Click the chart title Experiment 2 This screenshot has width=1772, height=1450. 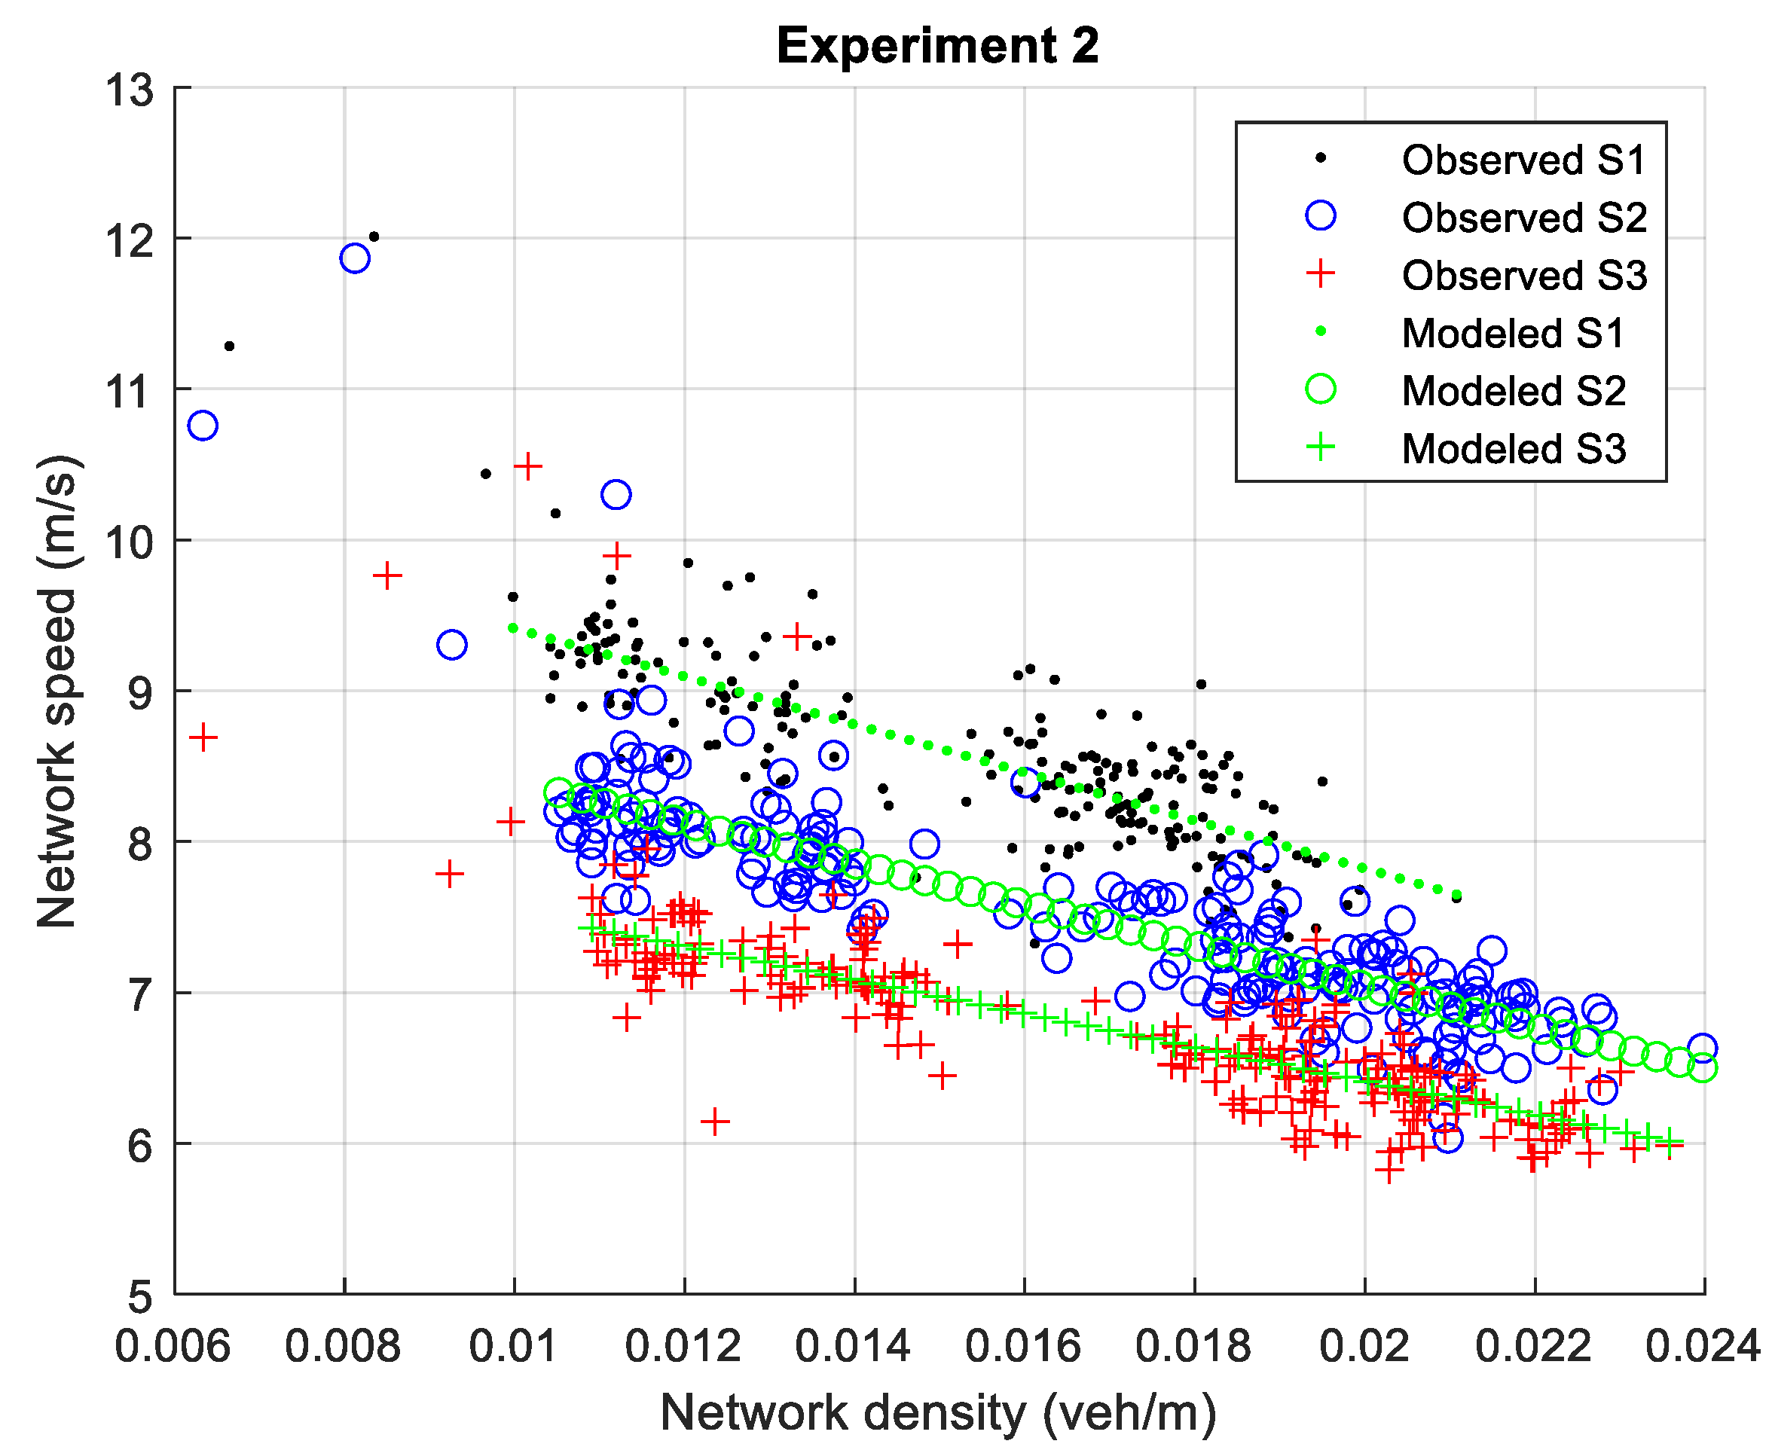click(x=937, y=46)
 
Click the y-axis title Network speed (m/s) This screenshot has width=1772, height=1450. click(x=57, y=691)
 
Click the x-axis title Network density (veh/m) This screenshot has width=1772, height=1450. click(x=937, y=1412)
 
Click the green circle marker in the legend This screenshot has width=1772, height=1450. click(x=1320, y=389)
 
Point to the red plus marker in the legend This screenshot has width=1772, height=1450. click(x=1320, y=274)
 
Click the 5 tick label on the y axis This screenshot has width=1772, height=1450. click(x=139, y=1296)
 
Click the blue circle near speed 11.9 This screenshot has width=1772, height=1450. click(x=355, y=258)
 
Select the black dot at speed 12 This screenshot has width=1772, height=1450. click(x=374, y=237)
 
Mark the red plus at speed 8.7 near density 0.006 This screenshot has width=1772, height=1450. click(x=203, y=737)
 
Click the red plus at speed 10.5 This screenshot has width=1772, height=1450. click(x=527, y=466)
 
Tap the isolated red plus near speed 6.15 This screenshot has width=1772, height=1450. click(x=714, y=1121)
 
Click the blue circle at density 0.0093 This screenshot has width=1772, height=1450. click(x=452, y=645)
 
